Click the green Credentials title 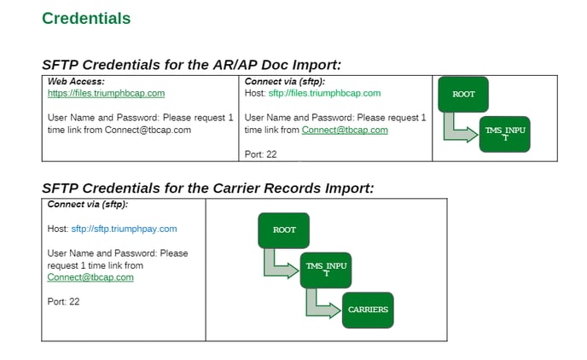(86, 18)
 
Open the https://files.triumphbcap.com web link (106, 93)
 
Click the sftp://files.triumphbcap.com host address (324, 93)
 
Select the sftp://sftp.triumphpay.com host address (124, 229)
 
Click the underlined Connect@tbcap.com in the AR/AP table (345, 130)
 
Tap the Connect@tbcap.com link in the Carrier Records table (90, 277)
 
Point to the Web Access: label (76, 81)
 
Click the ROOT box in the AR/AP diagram (463, 95)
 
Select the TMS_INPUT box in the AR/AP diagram (505, 134)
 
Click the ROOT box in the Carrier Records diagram (284, 230)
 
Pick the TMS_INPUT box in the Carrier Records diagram (326, 270)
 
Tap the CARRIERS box (368, 311)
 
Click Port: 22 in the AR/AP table (260, 154)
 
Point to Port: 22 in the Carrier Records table (63, 302)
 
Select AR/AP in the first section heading (235, 65)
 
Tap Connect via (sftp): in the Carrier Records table (88, 205)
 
